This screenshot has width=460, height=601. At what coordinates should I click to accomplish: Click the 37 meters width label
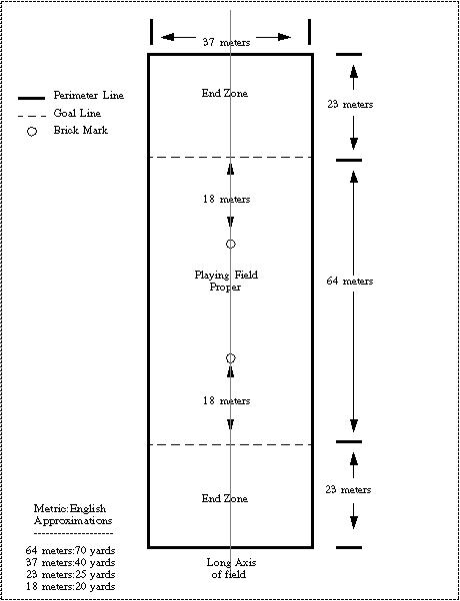pyautogui.click(x=226, y=42)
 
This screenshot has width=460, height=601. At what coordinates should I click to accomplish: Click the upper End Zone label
pyautogui.click(x=225, y=93)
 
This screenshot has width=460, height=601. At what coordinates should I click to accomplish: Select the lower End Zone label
pyautogui.click(x=225, y=498)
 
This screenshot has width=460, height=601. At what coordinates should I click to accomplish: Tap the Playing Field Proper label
pyautogui.click(x=226, y=281)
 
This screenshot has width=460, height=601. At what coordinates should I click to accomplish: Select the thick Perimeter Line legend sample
pyautogui.click(x=31, y=99)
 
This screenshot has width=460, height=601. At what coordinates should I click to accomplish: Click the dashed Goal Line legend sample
pyautogui.click(x=31, y=116)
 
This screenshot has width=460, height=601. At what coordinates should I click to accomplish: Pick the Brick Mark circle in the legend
pyautogui.click(x=32, y=132)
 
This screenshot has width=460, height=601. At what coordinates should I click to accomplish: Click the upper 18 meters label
pyautogui.click(x=227, y=200)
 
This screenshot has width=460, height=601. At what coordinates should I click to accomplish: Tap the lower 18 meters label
pyautogui.click(x=227, y=400)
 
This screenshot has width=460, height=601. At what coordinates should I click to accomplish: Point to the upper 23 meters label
pyautogui.click(x=350, y=104)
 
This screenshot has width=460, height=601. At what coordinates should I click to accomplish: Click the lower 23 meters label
pyautogui.click(x=348, y=489)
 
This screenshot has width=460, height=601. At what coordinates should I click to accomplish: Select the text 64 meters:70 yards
pyautogui.click(x=71, y=551)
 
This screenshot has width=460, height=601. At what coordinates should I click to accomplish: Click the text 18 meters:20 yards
pyautogui.click(x=71, y=586)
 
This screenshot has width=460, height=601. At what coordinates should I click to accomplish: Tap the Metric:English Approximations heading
pyautogui.click(x=73, y=515)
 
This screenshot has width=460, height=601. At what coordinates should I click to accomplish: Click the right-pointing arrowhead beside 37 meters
pyautogui.click(x=284, y=37)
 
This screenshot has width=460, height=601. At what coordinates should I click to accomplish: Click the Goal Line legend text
pyautogui.click(x=77, y=113)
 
